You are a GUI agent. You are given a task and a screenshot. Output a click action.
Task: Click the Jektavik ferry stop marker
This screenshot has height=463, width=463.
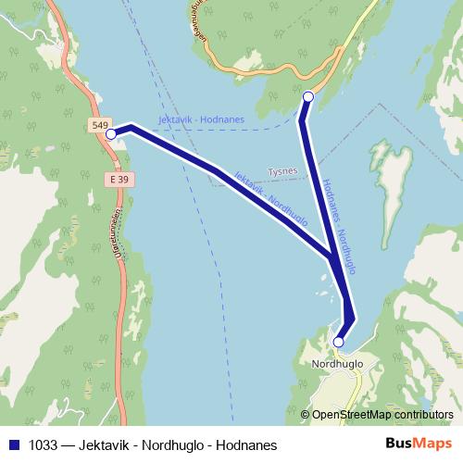[x=111, y=134]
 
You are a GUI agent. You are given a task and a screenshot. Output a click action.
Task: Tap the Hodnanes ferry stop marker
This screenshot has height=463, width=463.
[x=308, y=96]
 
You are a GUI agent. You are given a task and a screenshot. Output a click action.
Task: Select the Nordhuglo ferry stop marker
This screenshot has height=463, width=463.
[x=338, y=342]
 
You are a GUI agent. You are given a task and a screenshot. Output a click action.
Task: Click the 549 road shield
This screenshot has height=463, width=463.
[x=101, y=124]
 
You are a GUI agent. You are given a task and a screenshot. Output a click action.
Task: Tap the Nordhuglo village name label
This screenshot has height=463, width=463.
[x=337, y=364]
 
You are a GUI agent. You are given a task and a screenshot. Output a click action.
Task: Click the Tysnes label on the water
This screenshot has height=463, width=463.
[x=282, y=171]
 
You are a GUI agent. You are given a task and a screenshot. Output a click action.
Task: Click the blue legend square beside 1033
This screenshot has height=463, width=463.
[x=13, y=445]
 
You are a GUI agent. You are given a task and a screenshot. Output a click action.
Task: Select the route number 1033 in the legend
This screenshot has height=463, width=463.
[x=41, y=445]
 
